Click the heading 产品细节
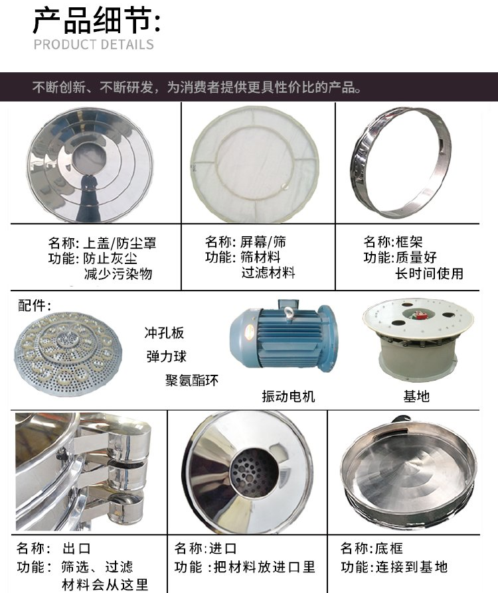(x=96, y=21)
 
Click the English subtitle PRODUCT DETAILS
(x=94, y=44)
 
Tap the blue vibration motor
(x=283, y=334)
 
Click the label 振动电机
(x=288, y=397)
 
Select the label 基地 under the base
(x=416, y=397)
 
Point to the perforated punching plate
(x=68, y=354)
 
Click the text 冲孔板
(x=164, y=333)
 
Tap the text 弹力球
(x=166, y=356)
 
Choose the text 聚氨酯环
(x=192, y=380)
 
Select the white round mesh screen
(x=254, y=164)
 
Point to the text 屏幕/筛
(x=263, y=241)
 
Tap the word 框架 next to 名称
(x=409, y=241)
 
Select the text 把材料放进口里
(x=264, y=567)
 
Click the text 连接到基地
(x=411, y=567)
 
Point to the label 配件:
(x=35, y=306)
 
